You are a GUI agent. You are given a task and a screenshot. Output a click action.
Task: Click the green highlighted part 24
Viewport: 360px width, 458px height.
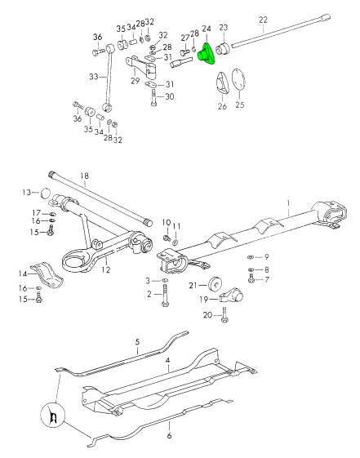[x=207, y=54]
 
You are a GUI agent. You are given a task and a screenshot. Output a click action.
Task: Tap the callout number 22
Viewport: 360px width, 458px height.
[x=263, y=20]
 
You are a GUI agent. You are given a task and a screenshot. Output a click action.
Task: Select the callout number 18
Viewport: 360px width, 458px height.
[x=84, y=176]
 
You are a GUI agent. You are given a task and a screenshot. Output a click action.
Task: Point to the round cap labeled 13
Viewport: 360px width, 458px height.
[x=45, y=193]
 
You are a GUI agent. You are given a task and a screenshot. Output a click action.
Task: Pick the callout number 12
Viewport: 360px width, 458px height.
[x=106, y=269]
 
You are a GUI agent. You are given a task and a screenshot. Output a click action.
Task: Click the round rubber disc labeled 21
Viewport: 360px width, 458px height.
[x=216, y=283]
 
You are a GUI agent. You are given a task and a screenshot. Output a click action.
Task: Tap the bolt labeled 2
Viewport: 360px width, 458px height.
[x=165, y=296]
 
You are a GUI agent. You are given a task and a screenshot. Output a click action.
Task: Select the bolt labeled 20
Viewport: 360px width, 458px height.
[x=224, y=315]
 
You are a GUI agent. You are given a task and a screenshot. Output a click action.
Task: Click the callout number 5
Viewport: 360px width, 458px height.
[x=137, y=342]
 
